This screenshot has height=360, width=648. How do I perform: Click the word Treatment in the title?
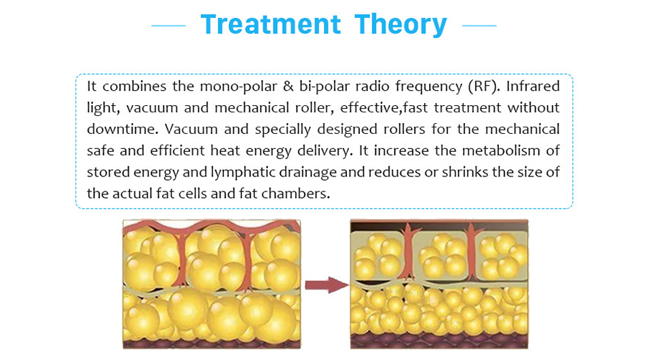pos(271,24)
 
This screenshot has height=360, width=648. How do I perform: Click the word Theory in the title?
pos(400,25)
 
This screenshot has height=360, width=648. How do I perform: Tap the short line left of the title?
pos(168,26)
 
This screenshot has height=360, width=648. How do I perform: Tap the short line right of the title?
pos(479,26)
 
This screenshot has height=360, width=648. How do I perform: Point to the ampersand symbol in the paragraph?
pos(288,86)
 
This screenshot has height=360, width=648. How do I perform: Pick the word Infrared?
pos(533,86)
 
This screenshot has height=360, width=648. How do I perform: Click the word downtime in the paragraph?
pos(122,129)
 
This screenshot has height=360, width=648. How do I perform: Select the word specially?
pos(283,130)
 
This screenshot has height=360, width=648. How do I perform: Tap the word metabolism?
pos(501,150)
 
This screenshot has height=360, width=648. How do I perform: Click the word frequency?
pos(428,87)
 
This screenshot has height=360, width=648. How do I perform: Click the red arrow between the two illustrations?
pos(327,285)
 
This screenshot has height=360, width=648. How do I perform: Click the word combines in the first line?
pos(135,86)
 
